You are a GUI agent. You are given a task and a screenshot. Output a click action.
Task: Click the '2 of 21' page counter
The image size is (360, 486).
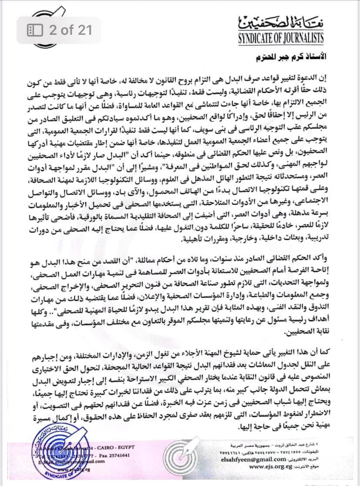pos(70,30)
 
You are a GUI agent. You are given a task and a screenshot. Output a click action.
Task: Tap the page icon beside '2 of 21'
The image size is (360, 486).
pos(35,30)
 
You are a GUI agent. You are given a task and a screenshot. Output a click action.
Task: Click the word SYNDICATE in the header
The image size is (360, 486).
pos(260,38)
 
